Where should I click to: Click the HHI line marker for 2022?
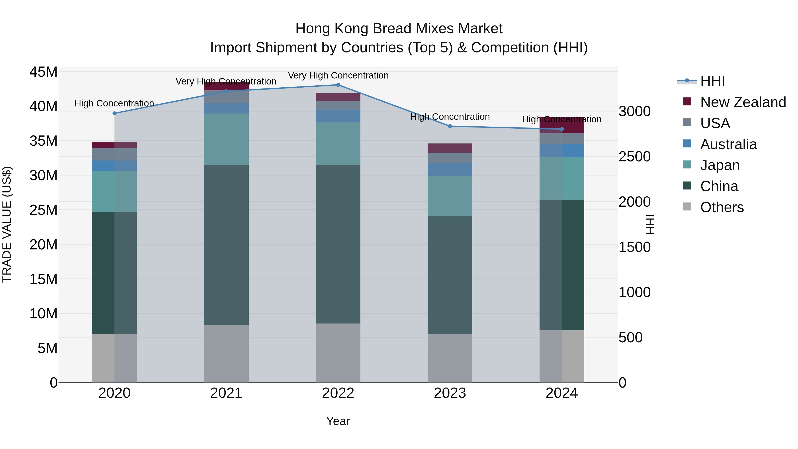(x=338, y=85)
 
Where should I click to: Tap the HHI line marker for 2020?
(x=114, y=113)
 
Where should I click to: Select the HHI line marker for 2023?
(x=450, y=126)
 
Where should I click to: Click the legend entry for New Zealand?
(x=743, y=102)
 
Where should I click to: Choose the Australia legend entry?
(x=728, y=144)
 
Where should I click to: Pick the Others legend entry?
(x=722, y=207)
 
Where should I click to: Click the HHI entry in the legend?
(x=712, y=81)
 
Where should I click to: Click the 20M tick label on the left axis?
(x=43, y=245)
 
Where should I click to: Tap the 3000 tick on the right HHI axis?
(x=634, y=111)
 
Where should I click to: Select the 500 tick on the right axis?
(x=630, y=337)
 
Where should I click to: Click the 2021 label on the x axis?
(x=226, y=393)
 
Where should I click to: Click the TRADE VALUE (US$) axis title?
(x=7, y=224)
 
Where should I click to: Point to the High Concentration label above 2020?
(x=114, y=103)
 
